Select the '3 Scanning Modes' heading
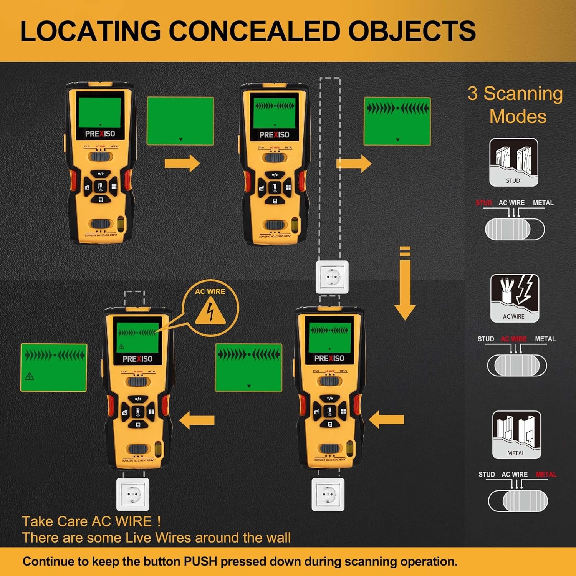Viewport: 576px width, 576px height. (x=515, y=104)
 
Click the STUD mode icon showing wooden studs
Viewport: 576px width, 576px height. (x=513, y=162)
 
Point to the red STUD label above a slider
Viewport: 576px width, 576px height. (x=483, y=203)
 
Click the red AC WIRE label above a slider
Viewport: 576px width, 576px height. (x=514, y=339)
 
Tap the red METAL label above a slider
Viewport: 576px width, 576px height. (x=546, y=475)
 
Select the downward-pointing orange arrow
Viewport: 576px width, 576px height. (x=405, y=284)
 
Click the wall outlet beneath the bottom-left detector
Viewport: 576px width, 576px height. (x=132, y=495)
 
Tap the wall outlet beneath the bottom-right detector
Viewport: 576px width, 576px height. (x=328, y=495)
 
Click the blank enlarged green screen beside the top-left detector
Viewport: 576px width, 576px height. (x=180, y=121)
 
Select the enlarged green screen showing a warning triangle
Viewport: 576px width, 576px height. (x=54, y=367)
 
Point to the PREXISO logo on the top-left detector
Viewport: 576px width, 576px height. (x=100, y=134)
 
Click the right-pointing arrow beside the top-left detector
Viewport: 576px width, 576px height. (x=182, y=163)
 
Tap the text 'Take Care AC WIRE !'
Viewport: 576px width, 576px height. (x=91, y=521)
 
